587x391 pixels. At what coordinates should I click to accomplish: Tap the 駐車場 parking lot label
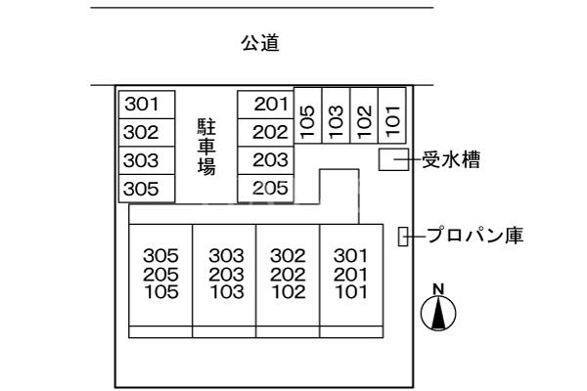(206, 146)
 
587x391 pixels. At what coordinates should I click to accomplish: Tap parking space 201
(265, 104)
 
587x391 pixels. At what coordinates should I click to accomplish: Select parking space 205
(265, 189)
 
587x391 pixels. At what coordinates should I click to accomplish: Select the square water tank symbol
(392, 161)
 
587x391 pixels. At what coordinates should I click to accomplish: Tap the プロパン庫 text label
(474, 236)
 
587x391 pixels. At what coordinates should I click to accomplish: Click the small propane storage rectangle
(402, 236)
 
